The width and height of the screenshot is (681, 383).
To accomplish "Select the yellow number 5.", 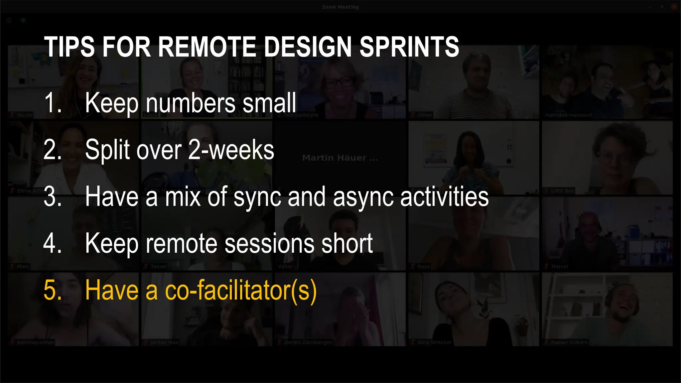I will click(53, 290).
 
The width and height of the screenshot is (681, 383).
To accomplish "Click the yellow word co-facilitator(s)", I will click(241, 290).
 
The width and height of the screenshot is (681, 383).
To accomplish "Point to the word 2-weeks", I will click(231, 150).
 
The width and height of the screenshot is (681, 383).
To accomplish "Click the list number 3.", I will click(53, 197).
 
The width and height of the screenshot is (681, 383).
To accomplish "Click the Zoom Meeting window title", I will click(340, 7).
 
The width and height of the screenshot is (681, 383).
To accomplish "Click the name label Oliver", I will click(425, 115).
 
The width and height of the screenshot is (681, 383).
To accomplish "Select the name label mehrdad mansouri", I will click(568, 115).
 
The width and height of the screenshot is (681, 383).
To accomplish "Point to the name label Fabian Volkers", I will click(569, 342).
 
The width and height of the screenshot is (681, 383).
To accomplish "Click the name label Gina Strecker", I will click(434, 342).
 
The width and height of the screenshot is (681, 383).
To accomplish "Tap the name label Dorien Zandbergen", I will click(308, 342).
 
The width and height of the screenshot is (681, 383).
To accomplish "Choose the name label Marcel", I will click(559, 266).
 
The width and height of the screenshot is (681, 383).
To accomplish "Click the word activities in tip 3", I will click(444, 197).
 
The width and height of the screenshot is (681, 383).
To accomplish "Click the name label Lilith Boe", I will click(562, 191).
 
